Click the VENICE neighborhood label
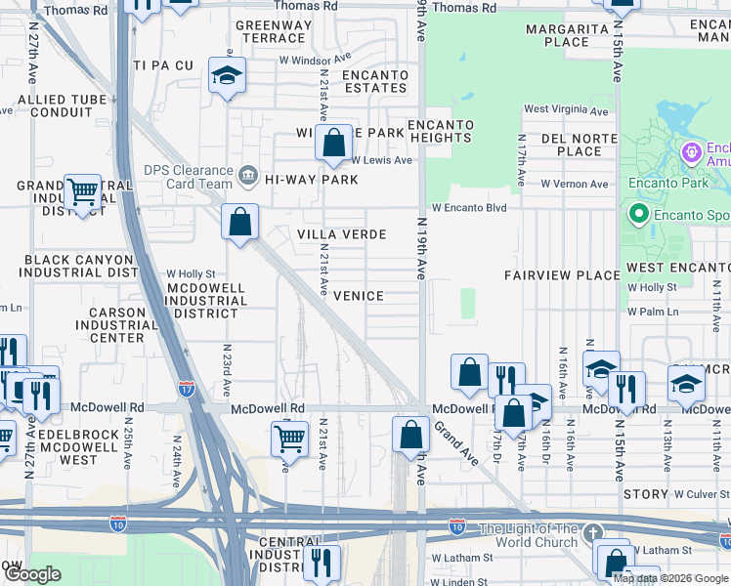(358, 295)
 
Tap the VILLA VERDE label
(342, 235)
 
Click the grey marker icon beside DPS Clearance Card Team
(248, 176)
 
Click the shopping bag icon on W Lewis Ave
(333, 143)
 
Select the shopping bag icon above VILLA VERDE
(239, 222)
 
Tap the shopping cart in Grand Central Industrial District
(82, 192)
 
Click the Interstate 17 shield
(187, 388)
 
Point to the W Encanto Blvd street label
(470, 208)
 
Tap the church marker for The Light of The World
(592, 533)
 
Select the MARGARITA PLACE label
(571, 36)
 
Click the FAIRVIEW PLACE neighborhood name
(561, 276)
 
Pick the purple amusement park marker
(692, 152)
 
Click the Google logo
(32, 574)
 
